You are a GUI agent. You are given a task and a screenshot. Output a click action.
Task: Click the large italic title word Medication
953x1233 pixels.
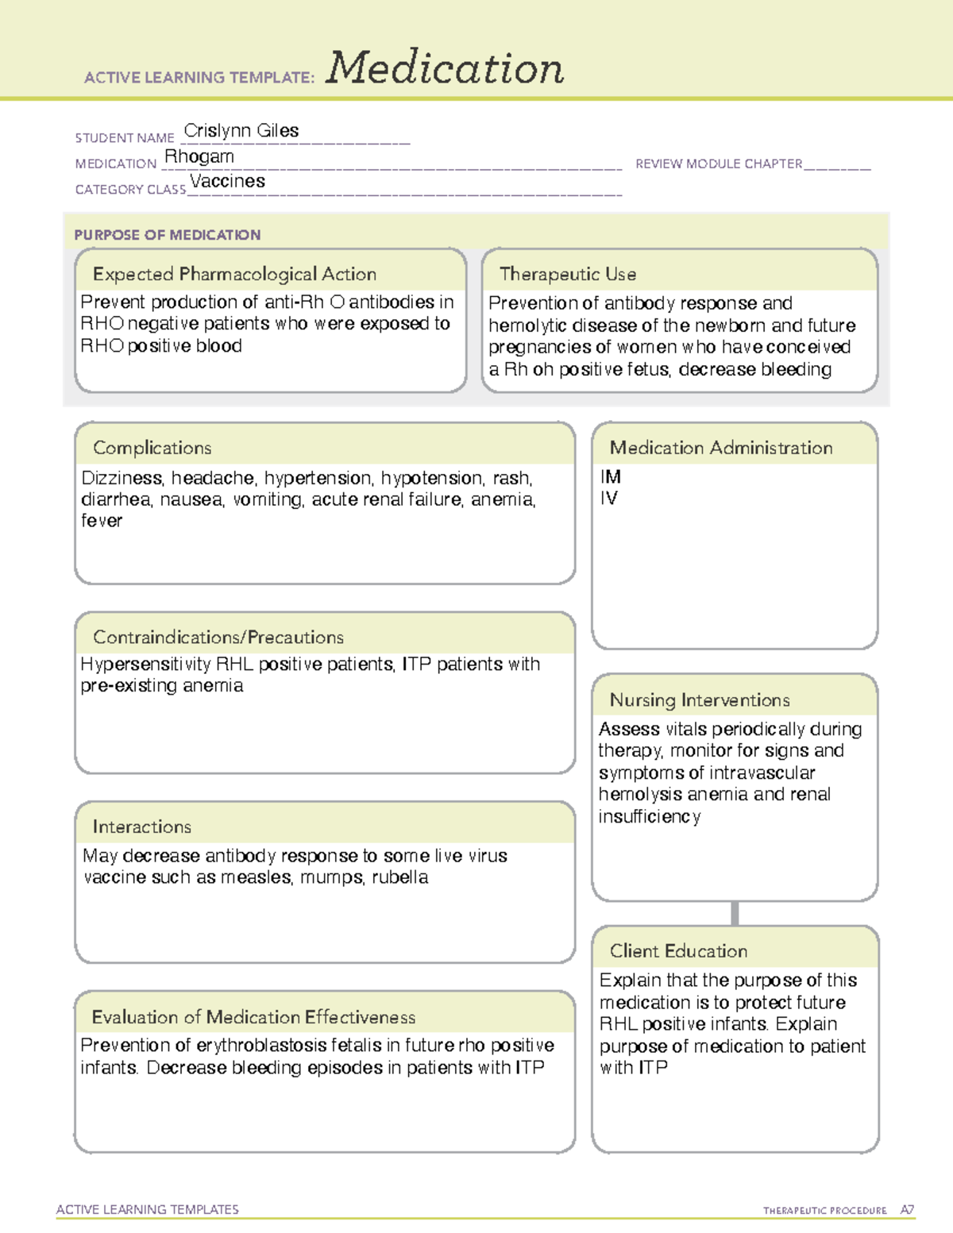coord(444,68)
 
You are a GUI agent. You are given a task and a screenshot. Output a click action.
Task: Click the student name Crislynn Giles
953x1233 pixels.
coord(241,131)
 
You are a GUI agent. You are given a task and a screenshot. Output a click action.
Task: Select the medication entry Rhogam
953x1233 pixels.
coord(199,156)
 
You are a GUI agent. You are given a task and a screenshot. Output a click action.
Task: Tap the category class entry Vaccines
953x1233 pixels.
coord(227,182)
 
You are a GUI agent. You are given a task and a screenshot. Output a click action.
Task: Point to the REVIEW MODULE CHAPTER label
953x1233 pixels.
coord(718,164)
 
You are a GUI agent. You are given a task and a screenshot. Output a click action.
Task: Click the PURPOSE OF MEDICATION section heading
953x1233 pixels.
coord(167,235)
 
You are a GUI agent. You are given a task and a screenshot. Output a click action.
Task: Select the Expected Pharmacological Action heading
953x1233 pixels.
coord(234,274)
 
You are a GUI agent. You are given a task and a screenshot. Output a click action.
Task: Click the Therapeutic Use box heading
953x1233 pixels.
coord(567,274)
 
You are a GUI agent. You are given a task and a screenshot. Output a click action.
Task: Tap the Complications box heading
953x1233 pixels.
coord(152,448)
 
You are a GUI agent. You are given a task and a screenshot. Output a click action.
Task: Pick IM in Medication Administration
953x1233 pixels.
coord(611,476)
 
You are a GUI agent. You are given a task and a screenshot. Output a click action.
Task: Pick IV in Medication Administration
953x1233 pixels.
coord(609,499)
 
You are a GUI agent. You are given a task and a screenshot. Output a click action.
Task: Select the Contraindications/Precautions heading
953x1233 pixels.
coord(218,637)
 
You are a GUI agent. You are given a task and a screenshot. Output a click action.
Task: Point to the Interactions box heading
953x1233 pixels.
coord(141,826)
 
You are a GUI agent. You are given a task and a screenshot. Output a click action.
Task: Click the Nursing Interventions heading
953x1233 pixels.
coord(699,699)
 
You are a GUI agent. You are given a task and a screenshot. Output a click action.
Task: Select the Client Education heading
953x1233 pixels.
coord(678,950)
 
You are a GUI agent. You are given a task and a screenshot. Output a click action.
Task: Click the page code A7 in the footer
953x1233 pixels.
coord(907,1210)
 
